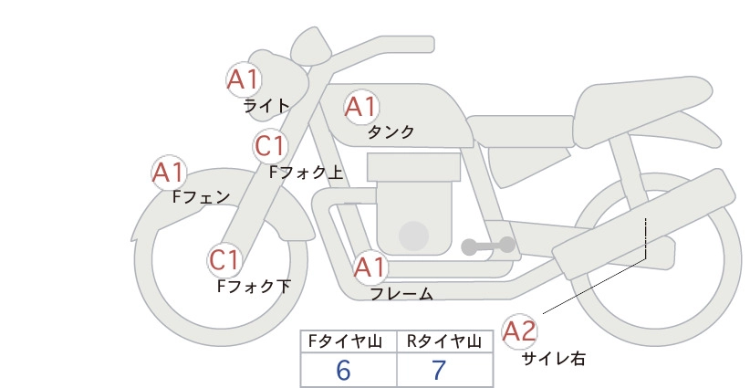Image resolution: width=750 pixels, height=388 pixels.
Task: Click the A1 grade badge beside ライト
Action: click(x=244, y=79)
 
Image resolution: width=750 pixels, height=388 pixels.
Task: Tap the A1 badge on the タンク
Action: click(x=361, y=107)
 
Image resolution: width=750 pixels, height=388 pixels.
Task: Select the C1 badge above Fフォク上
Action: click(x=271, y=146)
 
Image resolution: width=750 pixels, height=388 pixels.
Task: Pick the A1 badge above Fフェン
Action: click(x=169, y=173)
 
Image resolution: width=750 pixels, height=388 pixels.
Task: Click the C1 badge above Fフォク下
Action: click(x=224, y=261)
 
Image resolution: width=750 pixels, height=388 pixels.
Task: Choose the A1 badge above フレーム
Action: click(x=370, y=267)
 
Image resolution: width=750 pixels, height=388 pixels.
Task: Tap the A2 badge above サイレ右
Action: click(x=519, y=331)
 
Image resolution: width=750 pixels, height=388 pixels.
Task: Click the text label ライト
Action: click(x=266, y=106)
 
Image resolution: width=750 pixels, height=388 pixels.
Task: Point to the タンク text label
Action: click(x=391, y=132)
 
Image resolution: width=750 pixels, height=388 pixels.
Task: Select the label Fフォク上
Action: click(x=307, y=173)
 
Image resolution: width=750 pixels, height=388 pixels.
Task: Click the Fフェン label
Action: click(x=201, y=196)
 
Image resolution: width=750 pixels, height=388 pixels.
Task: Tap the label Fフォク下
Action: click(x=254, y=286)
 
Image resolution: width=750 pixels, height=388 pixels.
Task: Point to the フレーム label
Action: click(x=401, y=294)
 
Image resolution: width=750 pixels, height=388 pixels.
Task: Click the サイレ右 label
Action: click(x=554, y=359)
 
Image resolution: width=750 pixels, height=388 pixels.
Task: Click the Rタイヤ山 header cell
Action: click(x=445, y=341)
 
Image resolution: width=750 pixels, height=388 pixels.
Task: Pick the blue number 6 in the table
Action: click(x=343, y=371)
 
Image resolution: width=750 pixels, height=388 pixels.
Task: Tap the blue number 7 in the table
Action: click(x=439, y=371)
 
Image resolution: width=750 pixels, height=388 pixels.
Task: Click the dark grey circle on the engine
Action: click(x=413, y=236)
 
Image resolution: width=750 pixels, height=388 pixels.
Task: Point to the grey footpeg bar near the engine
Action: click(x=488, y=246)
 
